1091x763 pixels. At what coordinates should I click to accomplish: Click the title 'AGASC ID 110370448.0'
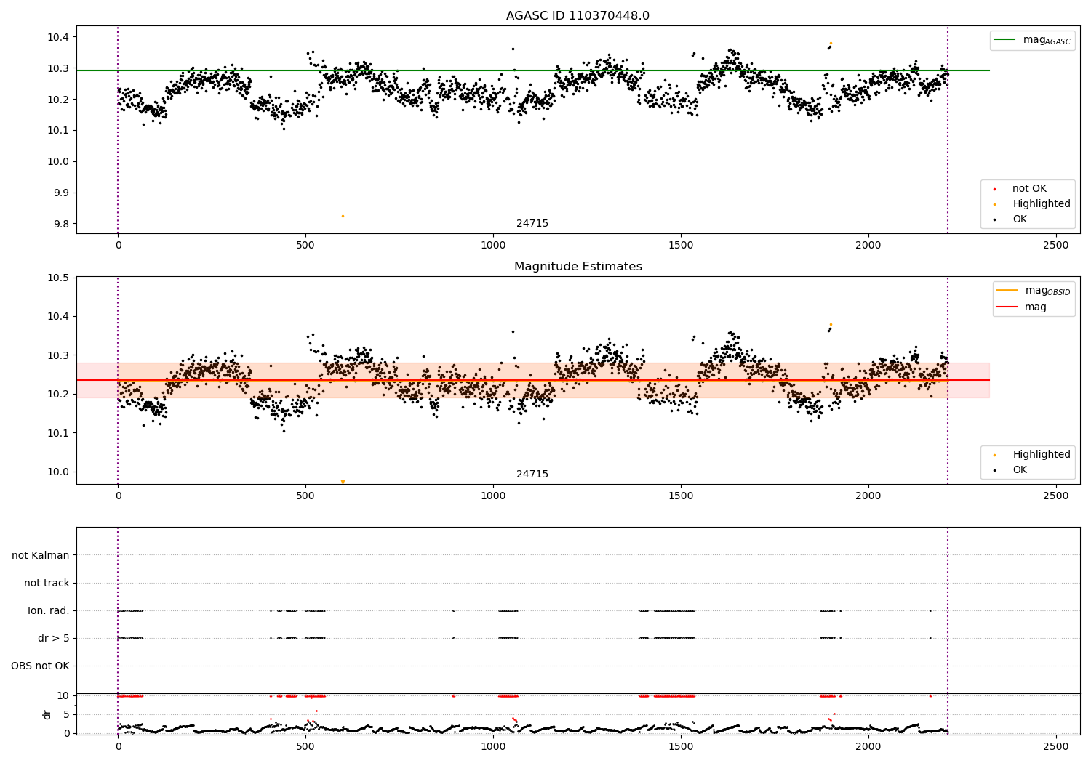click(578, 16)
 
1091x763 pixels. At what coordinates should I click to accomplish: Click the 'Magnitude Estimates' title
click(578, 267)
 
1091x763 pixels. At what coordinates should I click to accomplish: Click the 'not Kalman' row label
click(41, 555)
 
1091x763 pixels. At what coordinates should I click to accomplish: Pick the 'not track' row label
click(47, 583)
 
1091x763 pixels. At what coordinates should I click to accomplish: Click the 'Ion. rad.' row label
click(49, 610)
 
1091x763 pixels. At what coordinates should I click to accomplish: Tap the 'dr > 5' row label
click(54, 638)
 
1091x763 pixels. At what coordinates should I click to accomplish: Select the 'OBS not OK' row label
click(40, 666)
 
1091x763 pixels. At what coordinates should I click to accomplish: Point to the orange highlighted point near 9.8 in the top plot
click(343, 216)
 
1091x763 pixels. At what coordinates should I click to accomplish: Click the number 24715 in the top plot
click(532, 224)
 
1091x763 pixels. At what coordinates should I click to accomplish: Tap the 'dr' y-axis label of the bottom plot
click(47, 714)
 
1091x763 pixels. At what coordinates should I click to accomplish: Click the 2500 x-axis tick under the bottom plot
click(1056, 746)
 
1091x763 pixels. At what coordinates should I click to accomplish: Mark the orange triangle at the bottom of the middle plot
click(343, 482)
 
